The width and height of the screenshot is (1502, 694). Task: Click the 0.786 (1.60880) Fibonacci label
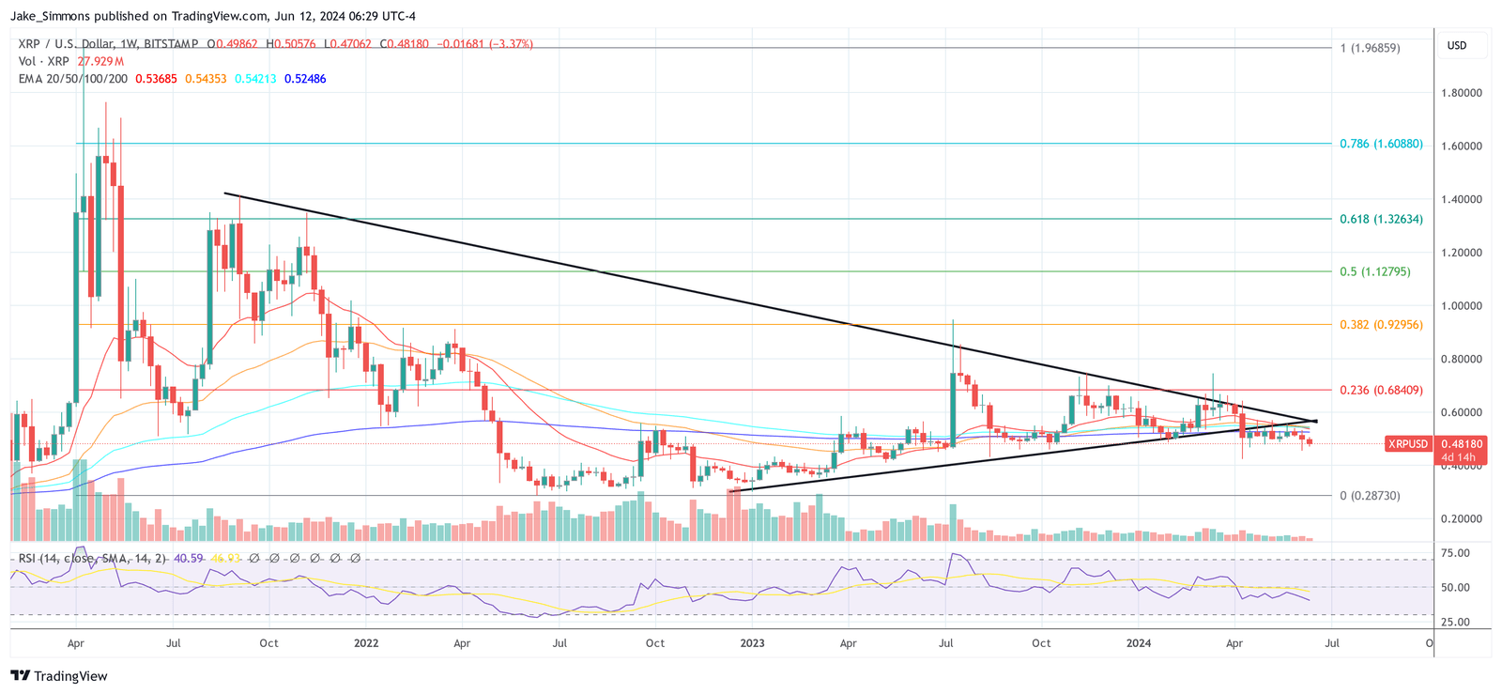pos(1381,144)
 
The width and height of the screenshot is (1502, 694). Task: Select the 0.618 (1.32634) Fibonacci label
pos(1381,219)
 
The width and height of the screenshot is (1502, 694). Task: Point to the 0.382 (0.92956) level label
pos(1381,325)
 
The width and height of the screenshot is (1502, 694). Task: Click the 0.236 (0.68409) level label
pos(1381,390)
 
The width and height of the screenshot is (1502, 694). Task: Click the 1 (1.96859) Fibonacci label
pos(1370,48)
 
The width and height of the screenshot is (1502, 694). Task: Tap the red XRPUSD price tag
pos(1408,443)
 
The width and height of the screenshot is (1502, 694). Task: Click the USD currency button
pos(1457,45)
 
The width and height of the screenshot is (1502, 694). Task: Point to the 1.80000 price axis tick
pos(1462,93)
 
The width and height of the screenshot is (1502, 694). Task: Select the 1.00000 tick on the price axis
pos(1462,306)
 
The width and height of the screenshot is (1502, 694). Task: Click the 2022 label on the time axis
pos(366,643)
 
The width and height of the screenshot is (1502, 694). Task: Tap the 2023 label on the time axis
pos(752,643)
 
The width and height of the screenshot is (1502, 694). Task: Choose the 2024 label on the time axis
pos(1139,643)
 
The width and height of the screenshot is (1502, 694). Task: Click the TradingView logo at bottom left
pos(59,676)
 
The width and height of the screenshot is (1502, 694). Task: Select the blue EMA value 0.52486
pos(305,79)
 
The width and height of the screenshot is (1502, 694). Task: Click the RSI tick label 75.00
pos(1456,553)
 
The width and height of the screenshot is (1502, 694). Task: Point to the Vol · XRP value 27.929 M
pos(100,61)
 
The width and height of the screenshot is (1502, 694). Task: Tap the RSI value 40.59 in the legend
pos(189,558)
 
